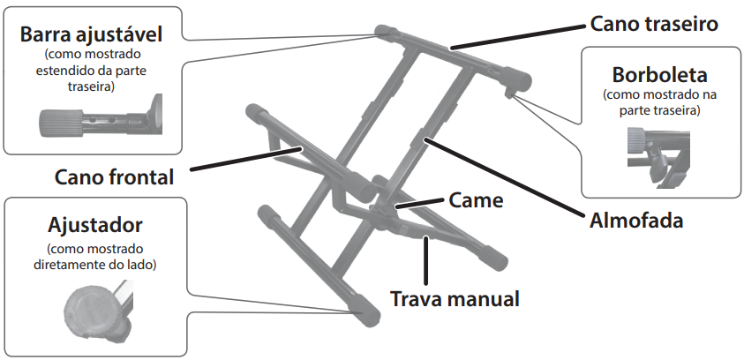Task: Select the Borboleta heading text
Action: [655, 73]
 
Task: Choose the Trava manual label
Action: [455, 297]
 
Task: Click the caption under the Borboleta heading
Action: [654, 101]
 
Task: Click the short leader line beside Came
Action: [420, 205]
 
